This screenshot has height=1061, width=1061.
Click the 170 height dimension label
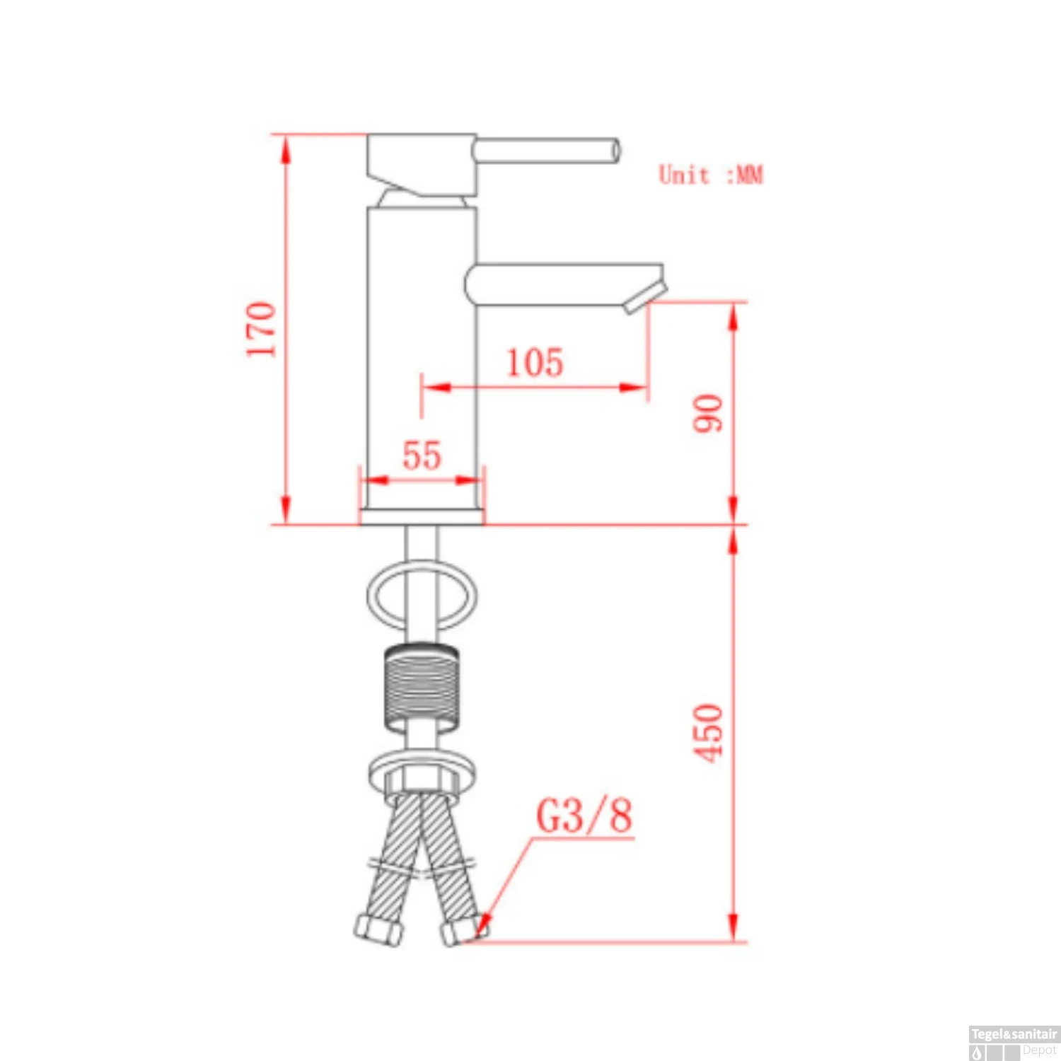point(262,330)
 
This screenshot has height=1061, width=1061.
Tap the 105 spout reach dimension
point(535,362)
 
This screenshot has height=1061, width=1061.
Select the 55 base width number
point(422,455)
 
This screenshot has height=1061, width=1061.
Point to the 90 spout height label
point(708,413)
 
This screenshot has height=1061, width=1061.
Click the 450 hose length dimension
point(708,734)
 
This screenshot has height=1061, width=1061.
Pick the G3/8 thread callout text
point(584,816)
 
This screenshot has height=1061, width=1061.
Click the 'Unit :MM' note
point(711,175)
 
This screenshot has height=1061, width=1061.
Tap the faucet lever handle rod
point(547,151)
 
